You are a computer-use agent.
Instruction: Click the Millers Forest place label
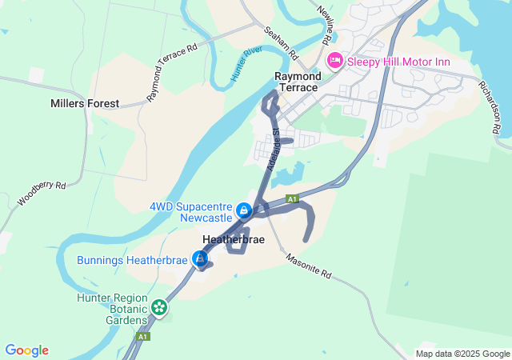click(85, 103)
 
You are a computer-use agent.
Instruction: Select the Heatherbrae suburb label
click(234, 239)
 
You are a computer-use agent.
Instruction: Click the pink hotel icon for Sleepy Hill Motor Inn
click(335, 60)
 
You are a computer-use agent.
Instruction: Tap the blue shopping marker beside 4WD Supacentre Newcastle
click(244, 211)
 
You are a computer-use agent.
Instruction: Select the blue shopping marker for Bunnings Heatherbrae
click(199, 259)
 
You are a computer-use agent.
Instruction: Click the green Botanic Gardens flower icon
click(159, 307)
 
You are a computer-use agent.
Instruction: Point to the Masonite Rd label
click(308, 267)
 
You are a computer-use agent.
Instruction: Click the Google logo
click(27, 350)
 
